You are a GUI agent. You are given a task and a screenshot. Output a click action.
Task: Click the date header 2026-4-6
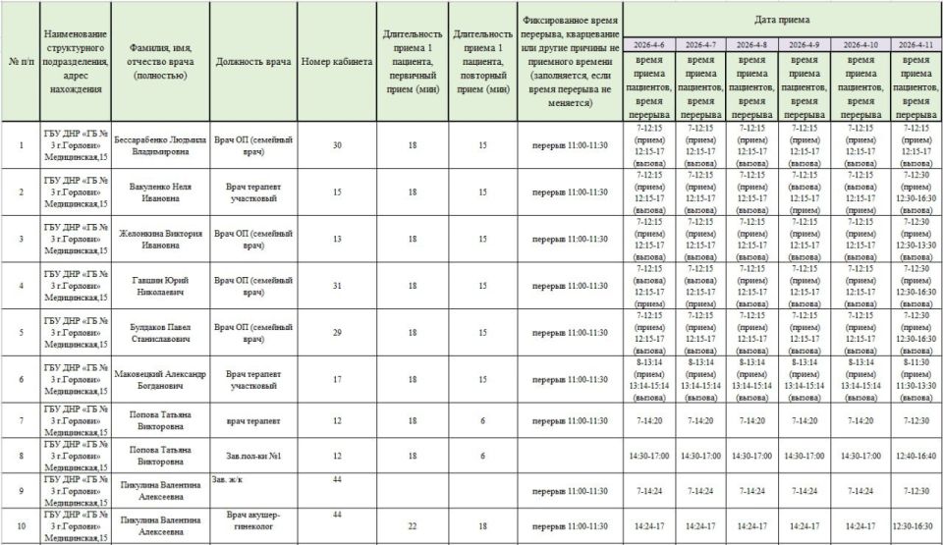click(648, 44)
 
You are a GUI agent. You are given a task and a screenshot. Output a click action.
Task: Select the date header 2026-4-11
click(915, 44)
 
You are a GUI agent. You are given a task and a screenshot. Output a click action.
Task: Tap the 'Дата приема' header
click(782, 19)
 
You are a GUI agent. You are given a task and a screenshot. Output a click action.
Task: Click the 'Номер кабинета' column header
click(337, 62)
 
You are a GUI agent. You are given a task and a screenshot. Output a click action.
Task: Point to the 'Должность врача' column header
click(253, 62)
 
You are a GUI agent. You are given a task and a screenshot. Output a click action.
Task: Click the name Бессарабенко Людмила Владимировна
click(160, 145)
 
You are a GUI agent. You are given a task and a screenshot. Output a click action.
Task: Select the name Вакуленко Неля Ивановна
click(160, 192)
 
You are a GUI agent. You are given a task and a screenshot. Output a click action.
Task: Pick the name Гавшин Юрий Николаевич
click(160, 286)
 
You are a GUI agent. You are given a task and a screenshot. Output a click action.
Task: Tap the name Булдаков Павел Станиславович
click(160, 333)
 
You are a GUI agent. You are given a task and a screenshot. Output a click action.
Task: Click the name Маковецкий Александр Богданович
click(160, 380)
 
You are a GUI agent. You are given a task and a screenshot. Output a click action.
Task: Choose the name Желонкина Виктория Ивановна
click(160, 240)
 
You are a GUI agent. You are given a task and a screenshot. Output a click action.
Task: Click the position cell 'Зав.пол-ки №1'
click(253, 456)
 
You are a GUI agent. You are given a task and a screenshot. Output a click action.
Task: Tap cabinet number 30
click(337, 145)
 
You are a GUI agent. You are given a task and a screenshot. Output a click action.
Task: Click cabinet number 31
click(337, 286)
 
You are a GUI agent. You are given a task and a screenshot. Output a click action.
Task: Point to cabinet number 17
click(337, 380)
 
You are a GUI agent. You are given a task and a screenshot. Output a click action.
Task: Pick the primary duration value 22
click(413, 526)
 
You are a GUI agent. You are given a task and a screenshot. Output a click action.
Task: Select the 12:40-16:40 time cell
click(915, 456)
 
